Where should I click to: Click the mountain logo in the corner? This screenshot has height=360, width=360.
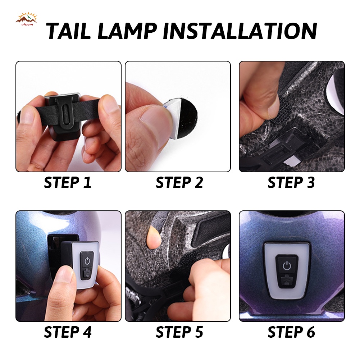pos(26,19)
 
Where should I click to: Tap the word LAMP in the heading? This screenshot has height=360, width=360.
pos(127,31)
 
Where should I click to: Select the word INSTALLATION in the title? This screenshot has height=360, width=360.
pos(240,31)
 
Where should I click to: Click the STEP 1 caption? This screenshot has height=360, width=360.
pos(68,183)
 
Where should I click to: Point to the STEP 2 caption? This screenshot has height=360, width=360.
pos(179,183)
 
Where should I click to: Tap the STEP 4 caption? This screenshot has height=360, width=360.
pos(68,332)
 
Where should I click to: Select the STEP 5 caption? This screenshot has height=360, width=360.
pos(179,332)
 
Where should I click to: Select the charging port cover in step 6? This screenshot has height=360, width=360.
pos(287,281)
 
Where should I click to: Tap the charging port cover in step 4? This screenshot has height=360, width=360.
pos(87,274)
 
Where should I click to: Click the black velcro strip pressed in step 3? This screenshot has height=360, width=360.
pos(280,109)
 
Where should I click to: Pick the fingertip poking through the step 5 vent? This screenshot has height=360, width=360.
pos(153,237)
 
